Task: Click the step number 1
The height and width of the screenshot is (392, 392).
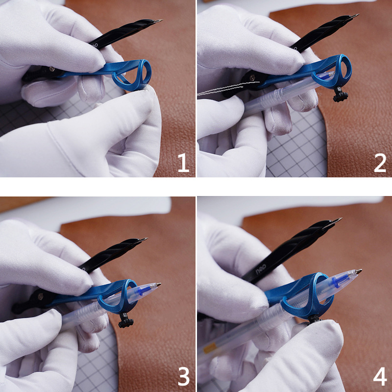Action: (183, 163)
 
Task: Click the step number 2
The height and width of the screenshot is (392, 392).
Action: (380, 163)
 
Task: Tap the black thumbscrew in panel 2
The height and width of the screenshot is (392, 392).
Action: (340, 95)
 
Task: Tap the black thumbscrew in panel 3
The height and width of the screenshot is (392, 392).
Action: (126, 321)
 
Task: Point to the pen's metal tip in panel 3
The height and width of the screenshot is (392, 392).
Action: (158, 285)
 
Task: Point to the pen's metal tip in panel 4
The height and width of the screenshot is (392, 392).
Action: (359, 271)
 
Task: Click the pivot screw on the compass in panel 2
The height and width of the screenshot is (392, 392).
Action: (252, 78)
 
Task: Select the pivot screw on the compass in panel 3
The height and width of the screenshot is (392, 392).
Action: (40, 297)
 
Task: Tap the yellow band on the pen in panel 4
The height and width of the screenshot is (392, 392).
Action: (209, 348)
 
